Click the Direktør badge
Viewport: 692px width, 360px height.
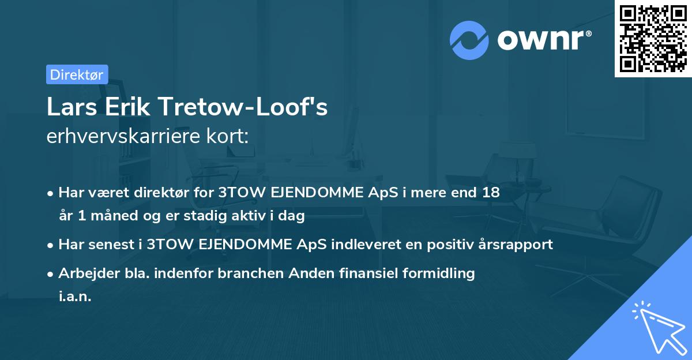click(x=77, y=74)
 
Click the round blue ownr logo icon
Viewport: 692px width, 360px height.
click(x=469, y=39)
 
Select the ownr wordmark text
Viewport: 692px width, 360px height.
click(x=543, y=39)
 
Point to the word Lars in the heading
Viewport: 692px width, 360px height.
click(x=70, y=107)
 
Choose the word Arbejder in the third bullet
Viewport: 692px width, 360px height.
click(x=87, y=273)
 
